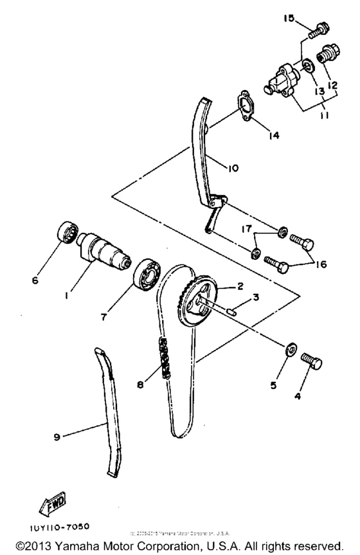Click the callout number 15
[x=288, y=19]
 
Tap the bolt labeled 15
[x=318, y=29]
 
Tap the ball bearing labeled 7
[x=146, y=273]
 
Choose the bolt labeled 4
[x=311, y=361]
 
